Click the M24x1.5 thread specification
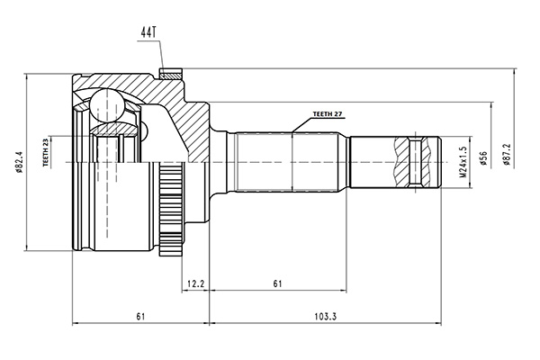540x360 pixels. point(464,161)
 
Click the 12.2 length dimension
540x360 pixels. point(196,284)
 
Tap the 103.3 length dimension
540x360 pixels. point(326,317)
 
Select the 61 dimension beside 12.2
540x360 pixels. point(277,284)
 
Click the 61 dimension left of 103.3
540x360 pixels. point(140,317)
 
